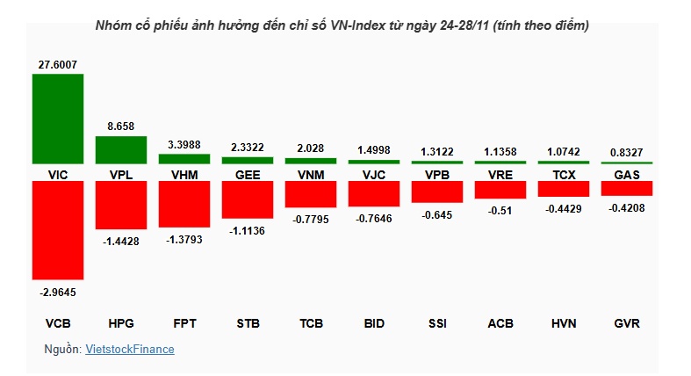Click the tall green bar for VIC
pos(58,119)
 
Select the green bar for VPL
pos(121,150)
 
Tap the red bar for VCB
pos(58,230)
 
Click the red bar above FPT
pos(184,204)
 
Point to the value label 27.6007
pos(58,62)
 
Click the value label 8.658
pos(121,127)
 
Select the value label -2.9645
pos(58,292)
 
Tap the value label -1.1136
pos(248,231)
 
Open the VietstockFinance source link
pos(130,350)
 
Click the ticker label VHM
pos(184,175)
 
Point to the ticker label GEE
pos(248,175)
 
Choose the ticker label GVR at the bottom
pos(627,323)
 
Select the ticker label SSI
pos(437,323)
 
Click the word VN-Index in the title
pos(356,26)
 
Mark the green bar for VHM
pos(184,159)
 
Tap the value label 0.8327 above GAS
pos(627,151)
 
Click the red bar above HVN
pos(564,189)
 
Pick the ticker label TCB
pos(311,323)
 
